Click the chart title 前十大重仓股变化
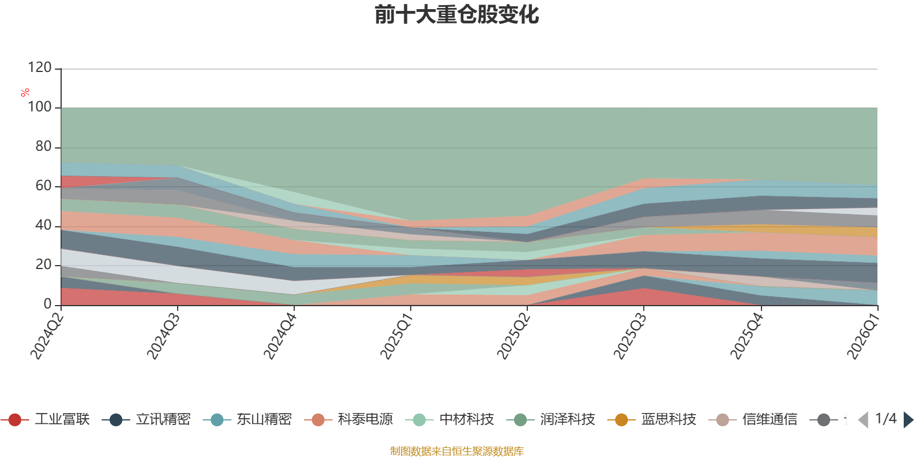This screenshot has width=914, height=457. tap(456, 15)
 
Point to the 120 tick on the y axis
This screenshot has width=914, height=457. tap(39, 67)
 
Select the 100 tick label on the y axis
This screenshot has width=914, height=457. tap(39, 107)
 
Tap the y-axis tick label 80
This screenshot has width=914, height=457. tap(43, 146)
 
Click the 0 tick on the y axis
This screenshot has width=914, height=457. tap(48, 304)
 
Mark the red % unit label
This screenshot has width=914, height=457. tap(25, 93)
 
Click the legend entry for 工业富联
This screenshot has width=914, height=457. tap(45, 419)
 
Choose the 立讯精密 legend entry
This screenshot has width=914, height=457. tap(146, 419)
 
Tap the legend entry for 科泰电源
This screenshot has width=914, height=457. tap(348, 419)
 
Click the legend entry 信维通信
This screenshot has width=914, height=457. tap(753, 419)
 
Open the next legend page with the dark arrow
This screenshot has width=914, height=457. tap(908, 419)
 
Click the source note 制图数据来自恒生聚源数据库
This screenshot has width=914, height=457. tap(456, 451)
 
